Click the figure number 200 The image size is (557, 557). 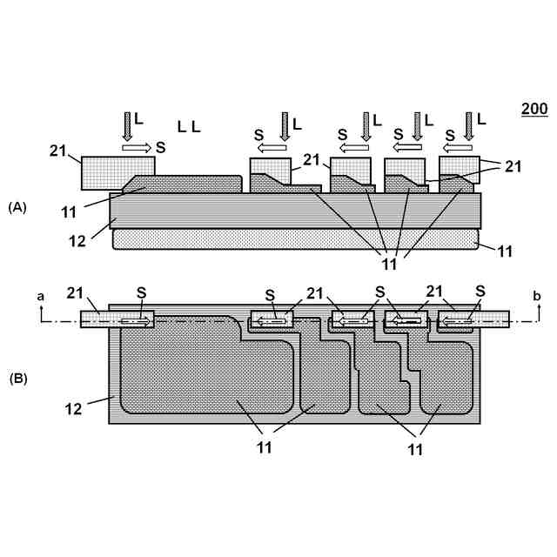coord(534,109)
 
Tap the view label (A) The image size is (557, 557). coord(18,206)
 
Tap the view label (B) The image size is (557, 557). coord(18,379)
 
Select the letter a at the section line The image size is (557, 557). coord(40,297)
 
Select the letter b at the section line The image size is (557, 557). coord(537,297)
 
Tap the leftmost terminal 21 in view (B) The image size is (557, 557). coord(117,320)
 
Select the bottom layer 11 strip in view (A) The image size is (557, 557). coord(296,240)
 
